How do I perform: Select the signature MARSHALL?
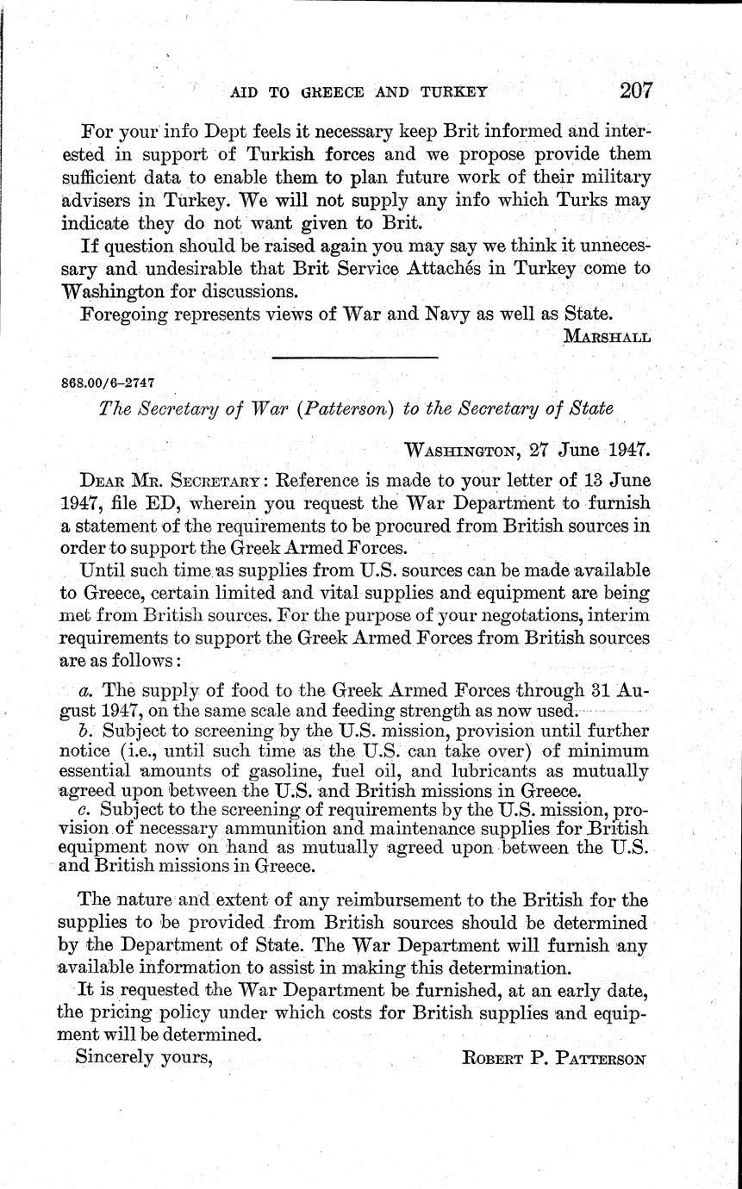(606, 336)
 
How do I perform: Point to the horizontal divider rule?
(354, 357)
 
